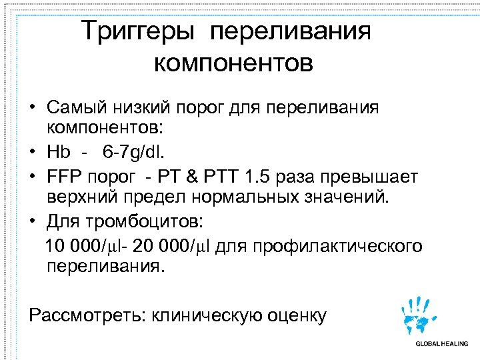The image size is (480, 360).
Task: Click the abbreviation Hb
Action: [59, 151]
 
